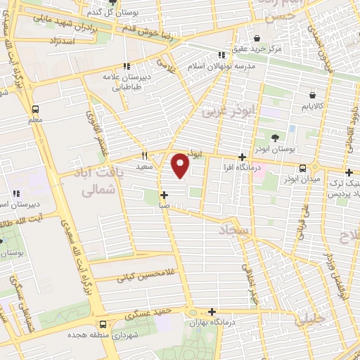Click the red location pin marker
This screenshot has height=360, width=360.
tap(181, 165)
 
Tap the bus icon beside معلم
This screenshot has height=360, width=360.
tap(35, 109)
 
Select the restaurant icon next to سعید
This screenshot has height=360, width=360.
tap(144, 156)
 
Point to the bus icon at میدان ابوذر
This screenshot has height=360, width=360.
tap(302, 169)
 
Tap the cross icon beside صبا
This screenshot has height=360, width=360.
tap(164, 195)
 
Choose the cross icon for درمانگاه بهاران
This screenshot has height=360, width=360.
tap(212, 311)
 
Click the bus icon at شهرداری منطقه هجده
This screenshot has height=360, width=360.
tap(103, 324)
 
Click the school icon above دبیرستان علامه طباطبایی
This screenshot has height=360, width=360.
tap(127, 66)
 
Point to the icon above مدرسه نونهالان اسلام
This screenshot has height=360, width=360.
tap(221, 54)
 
